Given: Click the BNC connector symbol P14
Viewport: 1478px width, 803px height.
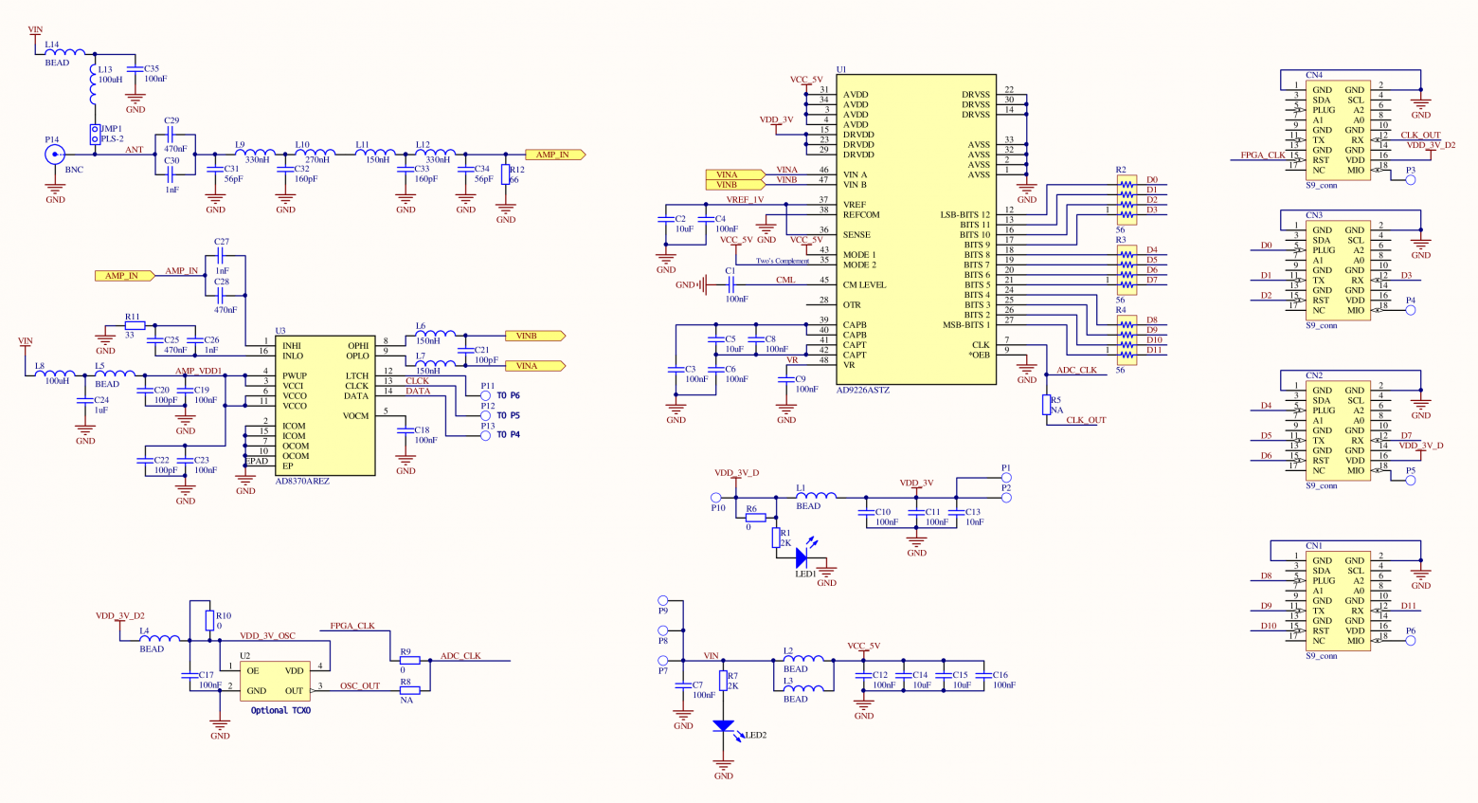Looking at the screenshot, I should click(55, 155).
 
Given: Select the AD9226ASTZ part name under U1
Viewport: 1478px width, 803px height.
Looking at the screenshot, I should click(862, 391).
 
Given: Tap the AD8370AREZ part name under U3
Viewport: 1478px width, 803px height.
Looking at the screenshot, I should click(302, 482).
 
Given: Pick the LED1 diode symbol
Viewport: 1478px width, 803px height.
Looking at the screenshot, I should click(802, 557).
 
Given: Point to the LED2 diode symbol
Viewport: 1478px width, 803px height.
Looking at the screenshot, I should click(723, 726).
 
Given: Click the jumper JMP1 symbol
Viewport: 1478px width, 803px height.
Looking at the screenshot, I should click(95, 134).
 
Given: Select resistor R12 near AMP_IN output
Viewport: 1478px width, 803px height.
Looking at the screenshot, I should click(506, 174).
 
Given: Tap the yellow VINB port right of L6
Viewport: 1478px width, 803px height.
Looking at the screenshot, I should click(534, 336).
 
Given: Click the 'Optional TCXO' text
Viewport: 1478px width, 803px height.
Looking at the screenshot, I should click(280, 710).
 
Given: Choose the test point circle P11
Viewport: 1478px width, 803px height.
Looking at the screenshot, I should click(487, 395).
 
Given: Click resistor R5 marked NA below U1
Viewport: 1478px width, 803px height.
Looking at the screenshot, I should click(1046, 405).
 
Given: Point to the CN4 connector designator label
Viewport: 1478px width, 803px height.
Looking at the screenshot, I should click(1314, 75).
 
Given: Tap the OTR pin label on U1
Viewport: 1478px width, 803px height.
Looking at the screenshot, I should click(852, 305).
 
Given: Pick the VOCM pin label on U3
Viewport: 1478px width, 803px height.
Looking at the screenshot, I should click(355, 416).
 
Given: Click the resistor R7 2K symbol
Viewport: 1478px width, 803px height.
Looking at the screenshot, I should click(723, 681).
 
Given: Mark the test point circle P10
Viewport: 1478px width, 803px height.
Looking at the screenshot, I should click(716, 497).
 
